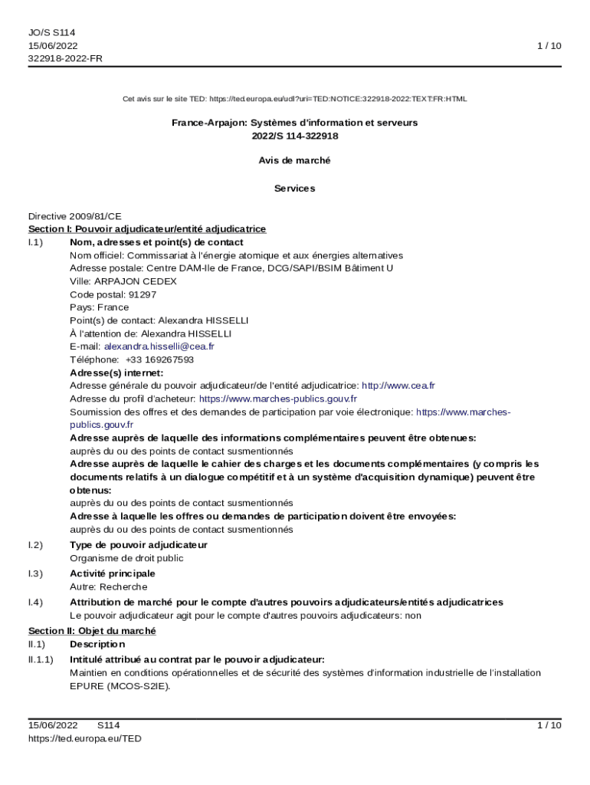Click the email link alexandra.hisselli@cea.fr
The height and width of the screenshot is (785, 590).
pyautogui.click(x=159, y=347)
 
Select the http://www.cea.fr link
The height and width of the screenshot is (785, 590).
pyautogui.click(x=398, y=386)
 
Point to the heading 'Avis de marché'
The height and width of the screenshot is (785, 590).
pyautogui.click(x=295, y=161)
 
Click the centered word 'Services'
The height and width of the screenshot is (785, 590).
pyautogui.click(x=295, y=189)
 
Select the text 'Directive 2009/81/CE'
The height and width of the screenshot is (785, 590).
pyautogui.click(x=75, y=216)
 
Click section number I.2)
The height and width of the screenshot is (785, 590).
pyautogui.click(x=35, y=545)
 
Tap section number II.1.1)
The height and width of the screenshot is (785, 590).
pyautogui.click(x=41, y=659)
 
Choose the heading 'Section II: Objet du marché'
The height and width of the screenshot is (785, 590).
pyautogui.click(x=92, y=631)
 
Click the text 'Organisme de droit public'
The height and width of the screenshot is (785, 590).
pyautogui.click(x=126, y=558)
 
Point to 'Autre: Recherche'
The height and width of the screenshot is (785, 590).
pyautogui.click(x=108, y=586)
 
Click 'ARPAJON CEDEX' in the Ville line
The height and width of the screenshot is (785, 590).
pyautogui.click(x=134, y=281)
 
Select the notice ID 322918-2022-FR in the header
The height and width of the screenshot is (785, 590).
pyautogui.click(x=65, y=58)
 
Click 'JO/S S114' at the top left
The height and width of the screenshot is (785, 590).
pyautogui.click(x=52, y=32)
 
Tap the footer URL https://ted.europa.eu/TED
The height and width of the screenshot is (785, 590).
pyautogui.click(x=84, y=738)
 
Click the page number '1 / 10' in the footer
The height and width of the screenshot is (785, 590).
pyautogui.click(x=549, y=725)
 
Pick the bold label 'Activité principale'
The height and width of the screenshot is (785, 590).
pyautogui.click(x=113, y=573)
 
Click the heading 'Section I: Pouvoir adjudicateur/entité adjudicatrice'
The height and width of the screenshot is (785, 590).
pyautogui.click(x=147, y=229)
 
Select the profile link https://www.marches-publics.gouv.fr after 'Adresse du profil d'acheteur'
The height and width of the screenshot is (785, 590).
pyautogui.click(x=277, y=399)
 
